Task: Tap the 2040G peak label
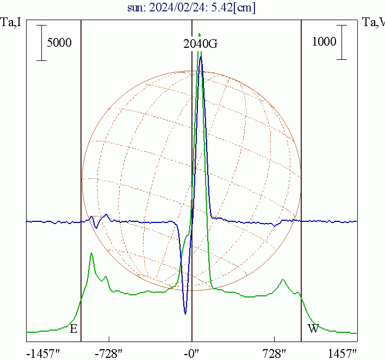(200, 44)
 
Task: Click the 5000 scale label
(59, 42)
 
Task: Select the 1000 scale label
(324, 42)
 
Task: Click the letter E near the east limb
(73, 328)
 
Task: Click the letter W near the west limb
(313, 328)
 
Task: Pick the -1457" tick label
(44, 353)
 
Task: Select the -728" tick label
(109, 353)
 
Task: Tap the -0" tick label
(192, 353)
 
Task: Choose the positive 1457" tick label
(343, 353)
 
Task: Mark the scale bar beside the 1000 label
(341, 42)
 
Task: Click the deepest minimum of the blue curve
(185, 314)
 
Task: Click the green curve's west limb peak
(283, 280)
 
